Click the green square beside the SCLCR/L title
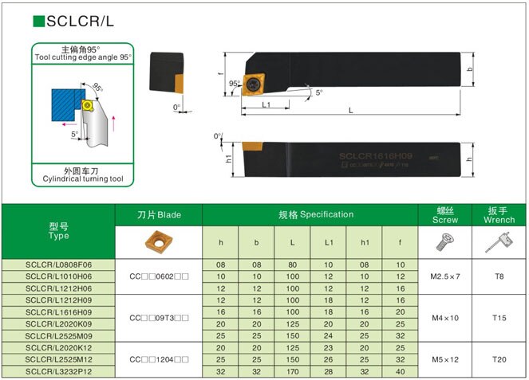coord(38,22)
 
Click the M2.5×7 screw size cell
coord(445,276)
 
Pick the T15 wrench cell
coord(499,318)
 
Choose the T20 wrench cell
coord(499,359)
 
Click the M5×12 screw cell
coord(445,359)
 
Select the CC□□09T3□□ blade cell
coord(159,318)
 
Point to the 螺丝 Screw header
coord(445,215)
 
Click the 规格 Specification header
coord(310,214)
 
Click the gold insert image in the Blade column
coord(159,241)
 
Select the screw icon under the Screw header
coord(445,242)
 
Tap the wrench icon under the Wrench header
coord(499,242)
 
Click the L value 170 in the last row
coord(293,371)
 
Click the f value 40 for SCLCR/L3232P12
coord(401,371)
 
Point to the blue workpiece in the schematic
coord(64,105)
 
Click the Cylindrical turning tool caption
coord(82,179)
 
